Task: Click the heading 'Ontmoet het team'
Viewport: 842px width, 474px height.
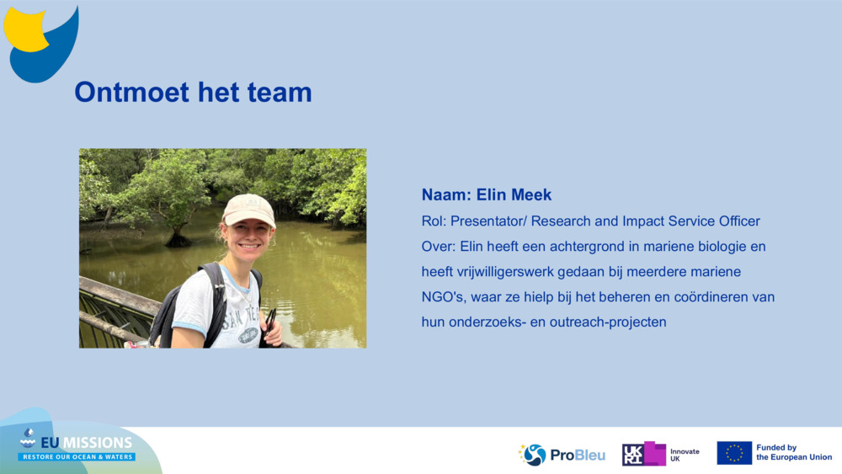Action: click(x=193, y=92)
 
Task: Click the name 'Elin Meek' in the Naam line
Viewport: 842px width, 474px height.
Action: click(x=514, y=194)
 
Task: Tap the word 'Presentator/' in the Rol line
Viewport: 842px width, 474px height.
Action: click(x=487, y=221)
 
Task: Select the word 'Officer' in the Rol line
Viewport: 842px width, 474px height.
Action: click(x=737, y=221)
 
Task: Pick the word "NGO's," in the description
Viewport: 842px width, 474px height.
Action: click(x=443, y=297)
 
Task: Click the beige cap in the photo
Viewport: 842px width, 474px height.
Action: click(x=248, y=209)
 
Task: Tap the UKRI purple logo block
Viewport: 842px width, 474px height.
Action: click(x=644, y=454)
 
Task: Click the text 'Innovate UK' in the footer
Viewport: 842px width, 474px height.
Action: click(x=684, y=455)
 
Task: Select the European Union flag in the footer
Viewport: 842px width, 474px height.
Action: click(x=734, y=453)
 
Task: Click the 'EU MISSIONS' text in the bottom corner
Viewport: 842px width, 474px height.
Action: click(x=86, y=443)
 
